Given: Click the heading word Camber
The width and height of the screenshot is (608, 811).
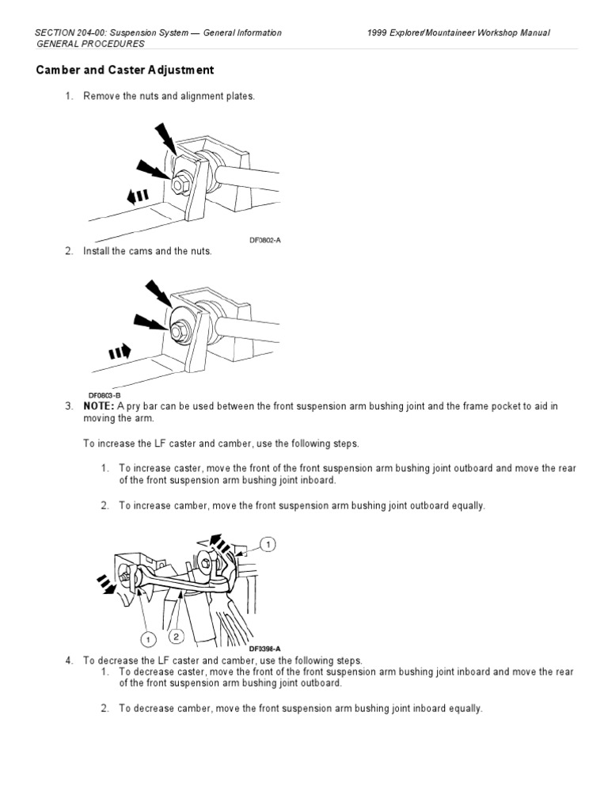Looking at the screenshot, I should (59, 70).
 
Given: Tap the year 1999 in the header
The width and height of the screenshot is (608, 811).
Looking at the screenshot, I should (381, 32).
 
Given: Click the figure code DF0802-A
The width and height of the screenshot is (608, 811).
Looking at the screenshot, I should (265, 238).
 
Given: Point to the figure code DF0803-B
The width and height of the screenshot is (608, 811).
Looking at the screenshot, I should (104, 392).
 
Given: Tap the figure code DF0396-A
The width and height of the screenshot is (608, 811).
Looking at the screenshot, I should (265, 648).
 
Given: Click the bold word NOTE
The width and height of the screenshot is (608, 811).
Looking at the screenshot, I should (99, 405).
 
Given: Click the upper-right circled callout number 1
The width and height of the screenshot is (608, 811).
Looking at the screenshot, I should (269, 544).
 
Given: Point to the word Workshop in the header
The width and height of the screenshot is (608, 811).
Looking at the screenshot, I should (493, 32).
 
